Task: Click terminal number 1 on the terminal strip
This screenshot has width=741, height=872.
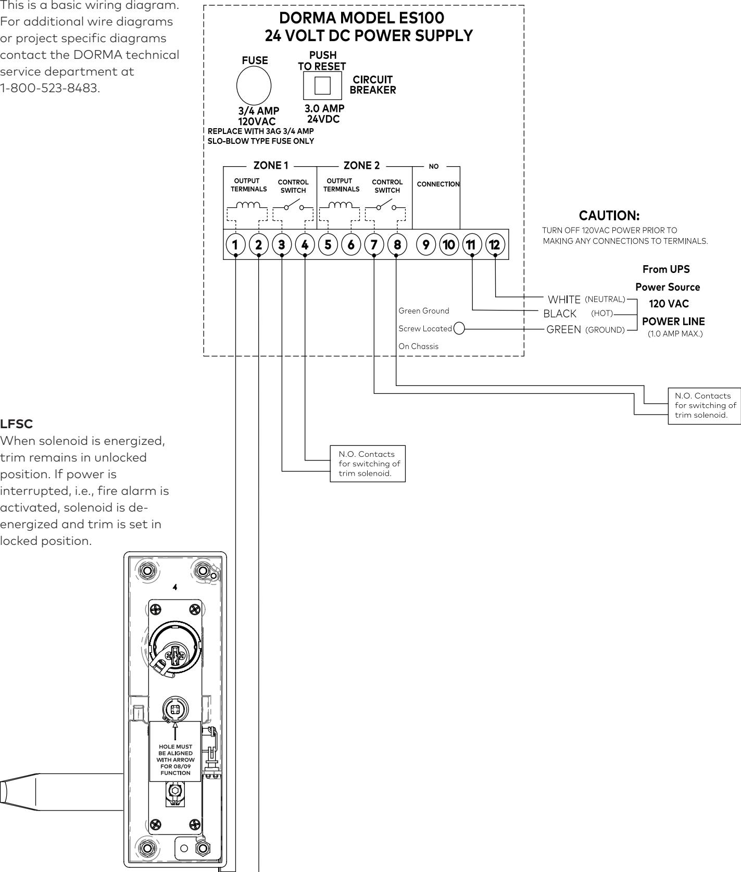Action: (235, 244)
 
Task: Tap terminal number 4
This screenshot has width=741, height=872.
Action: (305, 244)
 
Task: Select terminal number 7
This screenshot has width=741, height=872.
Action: (374, 244)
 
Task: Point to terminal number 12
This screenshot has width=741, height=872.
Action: (495, 244)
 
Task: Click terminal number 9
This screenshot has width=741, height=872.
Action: (426, 244)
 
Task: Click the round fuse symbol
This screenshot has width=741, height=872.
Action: (254, 86)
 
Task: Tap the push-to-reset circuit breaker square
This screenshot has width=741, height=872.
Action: (323, 85)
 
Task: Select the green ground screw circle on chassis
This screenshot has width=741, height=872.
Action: (459, 329)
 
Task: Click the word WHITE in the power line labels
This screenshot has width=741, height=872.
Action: (564, 300)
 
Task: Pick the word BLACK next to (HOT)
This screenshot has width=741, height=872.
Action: (560, 314)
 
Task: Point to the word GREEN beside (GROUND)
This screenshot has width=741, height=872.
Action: (563, 330)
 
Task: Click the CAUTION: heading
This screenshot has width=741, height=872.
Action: (609, 215)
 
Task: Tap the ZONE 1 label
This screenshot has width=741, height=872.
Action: (271, 166)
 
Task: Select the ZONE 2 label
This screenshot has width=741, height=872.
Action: (362, 166)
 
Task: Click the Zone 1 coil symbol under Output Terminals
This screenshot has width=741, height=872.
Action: (247, 206)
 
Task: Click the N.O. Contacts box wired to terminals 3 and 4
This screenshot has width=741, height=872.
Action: (368, 463)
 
